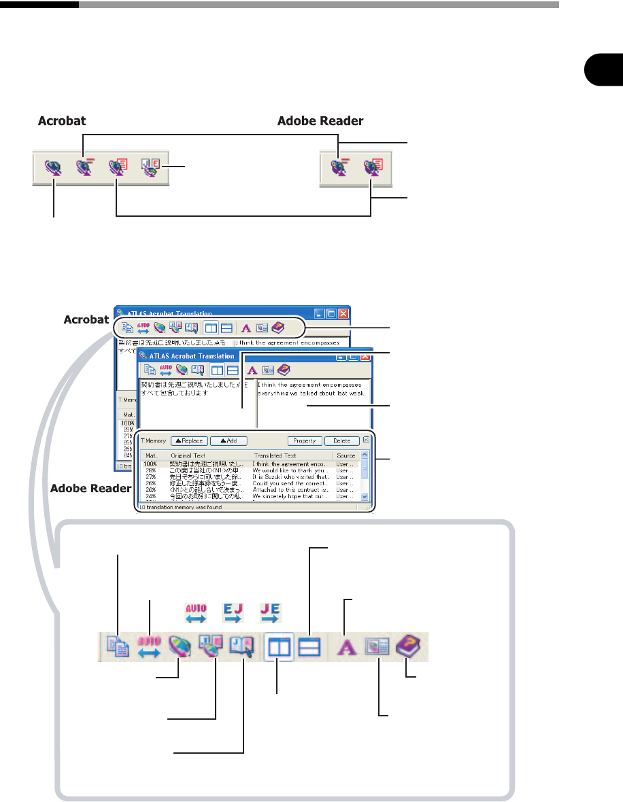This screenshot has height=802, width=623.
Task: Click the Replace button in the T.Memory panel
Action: click(190, 440)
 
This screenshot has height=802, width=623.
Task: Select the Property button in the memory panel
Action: click(304, 440)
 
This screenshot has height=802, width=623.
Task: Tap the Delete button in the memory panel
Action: click(341, 440)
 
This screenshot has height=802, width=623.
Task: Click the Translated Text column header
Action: click(274, 455)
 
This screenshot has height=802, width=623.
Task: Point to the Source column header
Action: click(346, 455)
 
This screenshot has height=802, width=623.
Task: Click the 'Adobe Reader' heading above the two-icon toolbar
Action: click(320, 121)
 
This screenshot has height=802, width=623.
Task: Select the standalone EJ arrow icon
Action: click(233, 614)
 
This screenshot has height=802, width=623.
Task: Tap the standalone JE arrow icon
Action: click(269, 614)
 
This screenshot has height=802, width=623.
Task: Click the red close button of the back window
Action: click(343, 314)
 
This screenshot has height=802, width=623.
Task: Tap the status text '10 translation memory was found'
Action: click(180, 506)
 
